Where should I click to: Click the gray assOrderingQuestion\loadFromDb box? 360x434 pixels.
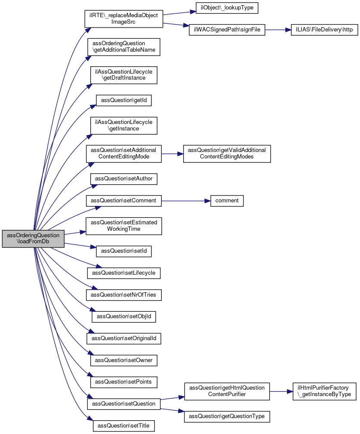click(33, 239)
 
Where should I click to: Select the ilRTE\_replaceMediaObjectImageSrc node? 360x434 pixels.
click(123, 19)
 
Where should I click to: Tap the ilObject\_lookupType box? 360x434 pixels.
click(227, 8)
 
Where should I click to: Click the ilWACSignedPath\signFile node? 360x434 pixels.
click(227, 30)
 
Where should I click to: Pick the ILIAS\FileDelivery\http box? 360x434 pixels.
click(324, 30)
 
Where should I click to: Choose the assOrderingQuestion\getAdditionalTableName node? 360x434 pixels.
click(123, 47)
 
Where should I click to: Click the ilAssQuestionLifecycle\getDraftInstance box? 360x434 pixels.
click(123, 75)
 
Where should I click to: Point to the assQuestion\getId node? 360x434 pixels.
click(123, 100)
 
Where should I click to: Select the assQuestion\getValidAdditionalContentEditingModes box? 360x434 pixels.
click(227, 154)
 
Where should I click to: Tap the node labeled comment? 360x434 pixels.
click(227, 201)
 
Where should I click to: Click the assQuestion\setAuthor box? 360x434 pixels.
click(123, 179)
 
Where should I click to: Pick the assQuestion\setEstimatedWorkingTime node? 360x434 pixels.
click(123, 226)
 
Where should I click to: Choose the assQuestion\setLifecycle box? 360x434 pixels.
click(123, 273)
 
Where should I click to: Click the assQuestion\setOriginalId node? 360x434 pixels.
click(123, 338)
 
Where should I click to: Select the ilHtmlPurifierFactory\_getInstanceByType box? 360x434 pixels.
click(324, 391)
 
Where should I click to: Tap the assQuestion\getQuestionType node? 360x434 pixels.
click(227, 417)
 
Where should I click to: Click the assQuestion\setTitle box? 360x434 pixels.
click(123, 426)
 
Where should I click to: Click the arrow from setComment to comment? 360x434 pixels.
click(186, 201)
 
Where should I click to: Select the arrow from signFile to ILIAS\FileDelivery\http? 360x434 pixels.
click(278, 30)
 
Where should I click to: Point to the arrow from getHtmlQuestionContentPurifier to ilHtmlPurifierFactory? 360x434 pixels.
click(281, 391)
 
